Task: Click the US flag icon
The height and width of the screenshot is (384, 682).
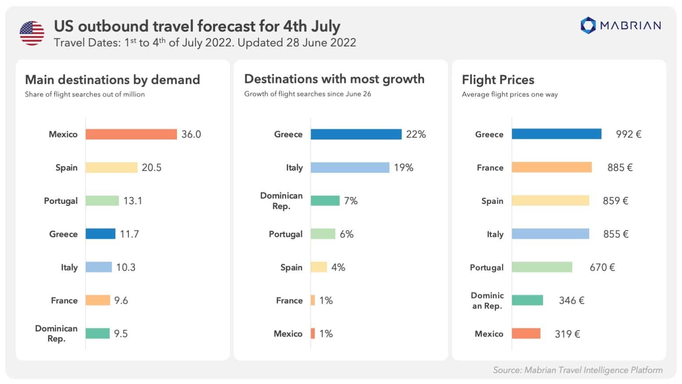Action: pyautogui.click(x=32, y=33)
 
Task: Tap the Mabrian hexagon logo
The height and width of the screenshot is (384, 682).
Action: pyautogui.click(x=588, y=25)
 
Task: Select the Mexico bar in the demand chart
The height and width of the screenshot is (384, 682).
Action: pyautogui.click(x=131, y=134)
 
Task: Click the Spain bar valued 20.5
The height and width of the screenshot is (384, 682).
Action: pyautogui.click(x=111, y=167)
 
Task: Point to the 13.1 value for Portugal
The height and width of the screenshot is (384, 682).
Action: pyautogui.click(x=133, y=201)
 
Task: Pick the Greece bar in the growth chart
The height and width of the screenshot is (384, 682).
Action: pyautogui.click(x=356, y=134)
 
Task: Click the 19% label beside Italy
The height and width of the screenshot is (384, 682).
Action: pyautogui.click(x=403, y=167)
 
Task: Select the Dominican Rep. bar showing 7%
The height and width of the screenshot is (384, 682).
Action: pyautogui.click(x=325, y=201)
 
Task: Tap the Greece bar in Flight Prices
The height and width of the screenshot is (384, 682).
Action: pyautogui.click(x=556, y=134)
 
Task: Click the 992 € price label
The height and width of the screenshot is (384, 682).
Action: pyautogui.click(x=629, y=134)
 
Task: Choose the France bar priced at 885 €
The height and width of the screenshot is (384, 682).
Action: pyautogui.click(x=551, y=167)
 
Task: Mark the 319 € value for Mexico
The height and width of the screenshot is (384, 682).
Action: pyautogui.click(x=567, y=334)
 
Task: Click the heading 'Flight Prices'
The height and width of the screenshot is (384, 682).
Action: pyautogui.click(x=498, y=80)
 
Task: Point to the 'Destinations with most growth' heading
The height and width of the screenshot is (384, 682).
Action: pyautogui.click(x=334, y=79)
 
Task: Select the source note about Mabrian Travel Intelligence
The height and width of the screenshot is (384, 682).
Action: pyautogui.click(x=577, y=370)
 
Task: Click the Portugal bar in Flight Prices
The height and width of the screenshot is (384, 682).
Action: pyautogui.click(x=542, y=267)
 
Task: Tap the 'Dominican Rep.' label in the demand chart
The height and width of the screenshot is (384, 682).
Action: pyautogui.click(x=56, y=334)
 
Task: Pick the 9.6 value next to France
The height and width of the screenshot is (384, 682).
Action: pyautogui.click(x=121, y=301)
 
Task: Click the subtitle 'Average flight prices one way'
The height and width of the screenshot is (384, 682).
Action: pyautogui.click(x=510, y=94)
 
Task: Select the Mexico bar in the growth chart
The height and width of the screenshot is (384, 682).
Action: pyautogui.click(x=313, y=334)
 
